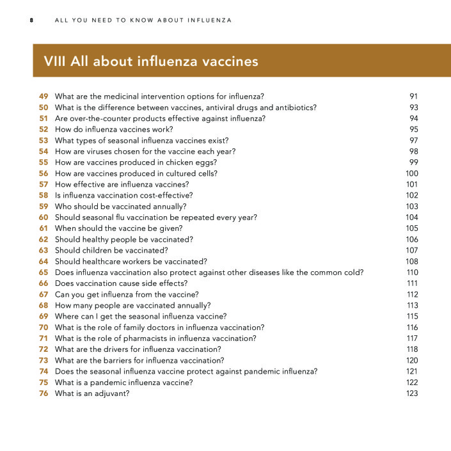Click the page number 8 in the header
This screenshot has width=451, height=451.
[x=31, y=20]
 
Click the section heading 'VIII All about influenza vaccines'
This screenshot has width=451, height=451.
[x=151, y=61]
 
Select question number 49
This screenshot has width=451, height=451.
[x=44, y=97]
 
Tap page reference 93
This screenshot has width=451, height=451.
[x=413, y=107]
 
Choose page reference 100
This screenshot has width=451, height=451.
[x=411, y=173]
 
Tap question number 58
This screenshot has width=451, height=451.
[x=44, y=195]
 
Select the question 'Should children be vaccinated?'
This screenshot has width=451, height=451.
[x=111, y=250]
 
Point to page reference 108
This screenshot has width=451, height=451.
[x=411, y=261]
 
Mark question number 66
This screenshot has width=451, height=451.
[x=44, y=283]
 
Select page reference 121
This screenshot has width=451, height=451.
[x=411, y=371]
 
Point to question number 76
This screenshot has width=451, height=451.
[x=44, y=393]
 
